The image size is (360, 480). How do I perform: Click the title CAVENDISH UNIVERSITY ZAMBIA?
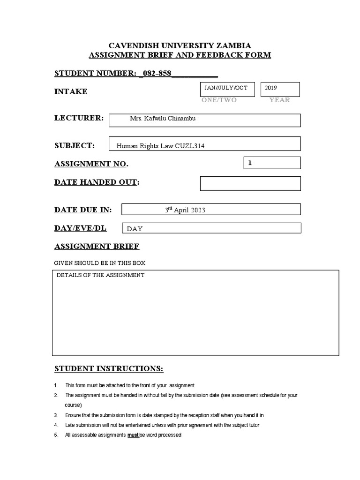(x=180, y=45)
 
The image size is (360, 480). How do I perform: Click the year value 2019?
(x=271, y=88)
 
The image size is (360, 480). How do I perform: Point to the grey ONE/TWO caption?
(x=219, y=100)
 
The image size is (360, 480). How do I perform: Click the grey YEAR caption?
(x=279, y=100)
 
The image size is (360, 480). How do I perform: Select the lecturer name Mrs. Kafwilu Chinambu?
(x=163, y=119)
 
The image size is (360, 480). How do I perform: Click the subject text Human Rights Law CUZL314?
(x=160, y=146)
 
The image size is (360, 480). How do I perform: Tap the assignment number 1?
(x=250, y=163)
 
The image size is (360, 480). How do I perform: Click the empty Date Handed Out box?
(x=250, y=183)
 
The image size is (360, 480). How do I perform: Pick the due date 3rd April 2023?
(x=185, y=210)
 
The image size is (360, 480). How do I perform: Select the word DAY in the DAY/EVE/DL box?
(x=135, y=229)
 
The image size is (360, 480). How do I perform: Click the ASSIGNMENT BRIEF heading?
(x=97, y=246)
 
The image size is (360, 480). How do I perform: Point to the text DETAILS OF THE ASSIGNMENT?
(x=100, y=275)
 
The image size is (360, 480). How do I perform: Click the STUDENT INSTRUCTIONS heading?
(x=109, y=369)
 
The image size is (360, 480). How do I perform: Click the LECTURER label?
(x=79, y=118)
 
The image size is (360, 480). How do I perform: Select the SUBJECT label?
(x=75, y=145)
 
